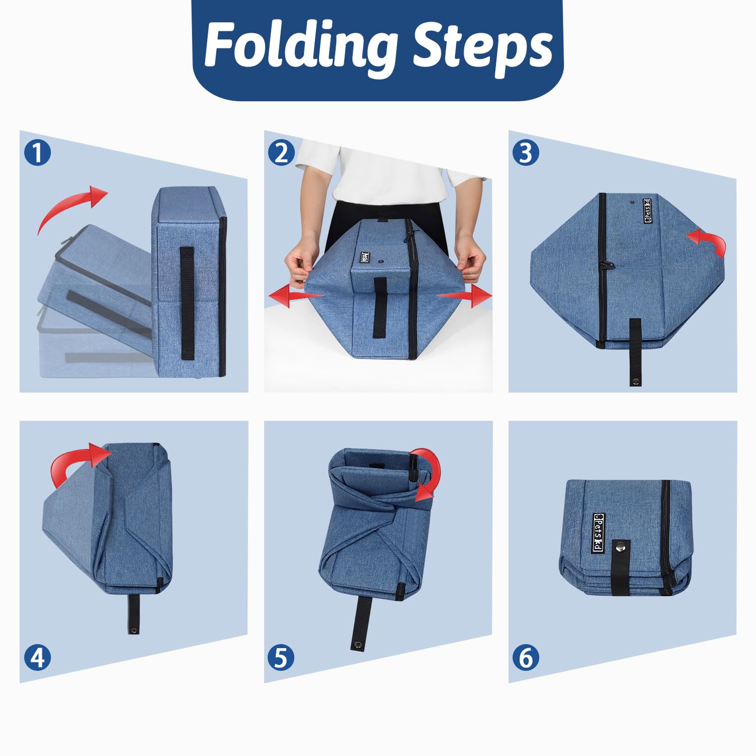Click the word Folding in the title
[300, 46]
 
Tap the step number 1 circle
[37, 152]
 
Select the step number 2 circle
[282, 152]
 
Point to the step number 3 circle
[526, 152]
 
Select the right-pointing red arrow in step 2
[464, 296]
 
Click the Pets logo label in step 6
[598, 533]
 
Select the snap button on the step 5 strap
[357, 644]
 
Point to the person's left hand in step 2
[471, 260]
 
